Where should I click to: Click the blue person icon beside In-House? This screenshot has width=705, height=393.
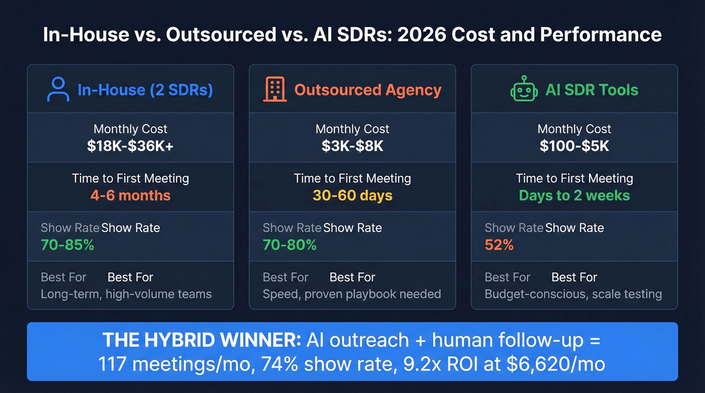point(58,90)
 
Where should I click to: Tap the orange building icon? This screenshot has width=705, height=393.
point(274,90)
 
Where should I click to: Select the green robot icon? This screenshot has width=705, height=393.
point(524,90)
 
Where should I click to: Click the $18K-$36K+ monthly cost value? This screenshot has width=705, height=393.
point(130,146)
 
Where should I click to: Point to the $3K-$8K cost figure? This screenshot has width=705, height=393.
point(352,146)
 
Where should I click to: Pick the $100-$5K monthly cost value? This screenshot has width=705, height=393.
point(574,146)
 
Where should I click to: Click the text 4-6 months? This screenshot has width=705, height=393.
point(130,195)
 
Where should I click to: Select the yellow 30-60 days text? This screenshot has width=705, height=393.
point(352,195)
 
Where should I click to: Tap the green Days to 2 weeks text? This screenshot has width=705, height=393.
point(574,195)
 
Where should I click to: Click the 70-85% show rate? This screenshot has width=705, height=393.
point(67,245)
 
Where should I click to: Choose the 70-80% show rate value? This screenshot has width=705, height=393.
point(290,245)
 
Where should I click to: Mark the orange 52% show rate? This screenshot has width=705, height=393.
point(499,245)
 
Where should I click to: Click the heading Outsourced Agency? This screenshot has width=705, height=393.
point(368,90)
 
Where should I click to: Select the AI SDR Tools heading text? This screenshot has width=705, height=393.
point(592,90)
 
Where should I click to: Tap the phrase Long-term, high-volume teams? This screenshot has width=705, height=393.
point(126,294)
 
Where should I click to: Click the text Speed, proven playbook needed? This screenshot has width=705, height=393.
point(351,294)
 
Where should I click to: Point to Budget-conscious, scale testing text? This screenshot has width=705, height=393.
point(573,294)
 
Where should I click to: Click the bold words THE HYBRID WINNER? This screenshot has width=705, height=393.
point(201,341)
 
